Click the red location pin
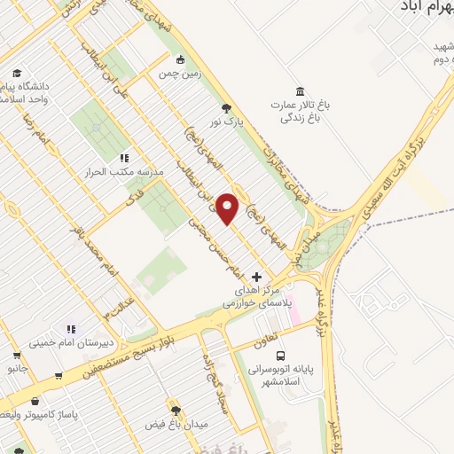[227, 208]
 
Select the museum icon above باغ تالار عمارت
[300, 92]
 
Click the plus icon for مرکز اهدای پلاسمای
[257, 277]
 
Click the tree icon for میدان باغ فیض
[175, 411]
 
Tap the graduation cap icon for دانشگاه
[16, 73]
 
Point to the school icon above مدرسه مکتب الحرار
[124, 157]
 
